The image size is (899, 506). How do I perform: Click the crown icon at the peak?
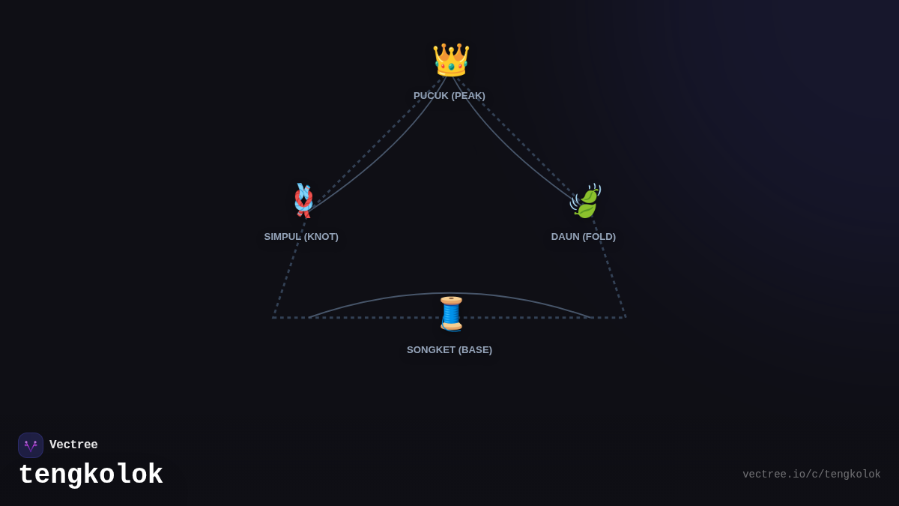pyautogui.click(x=451, y=60)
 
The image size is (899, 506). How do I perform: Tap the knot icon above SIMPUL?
pyautogui.click(x=303, y=201)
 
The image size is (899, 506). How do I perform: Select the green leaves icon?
pyautogui.click(x=586, y=201)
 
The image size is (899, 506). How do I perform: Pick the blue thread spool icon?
pyautogui.click(x=451, y=314)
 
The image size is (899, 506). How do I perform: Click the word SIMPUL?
pyautogui.click(x=282, y=237)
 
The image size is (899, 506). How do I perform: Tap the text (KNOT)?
pyautogui.click(x=321, y=237)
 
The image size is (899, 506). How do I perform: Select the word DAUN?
pyautogui.click(x=565, y=237)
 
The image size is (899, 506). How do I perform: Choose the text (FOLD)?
pyautogui.click(x=599, y=237)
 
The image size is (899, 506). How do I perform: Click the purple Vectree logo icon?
pyautogui.click(x=31, y=445)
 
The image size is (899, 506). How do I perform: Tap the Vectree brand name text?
pyautogui.click(x=73, y=445)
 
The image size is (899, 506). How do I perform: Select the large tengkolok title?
pyautogui.click(x=91, y=475)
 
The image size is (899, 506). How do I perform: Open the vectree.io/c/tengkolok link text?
pyautogui.click(x=811, y=475)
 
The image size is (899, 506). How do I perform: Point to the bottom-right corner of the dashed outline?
pyautogui.click(x=626, y=317)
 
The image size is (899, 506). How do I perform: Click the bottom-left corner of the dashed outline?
pyautogui.click(x=273, y=317)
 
